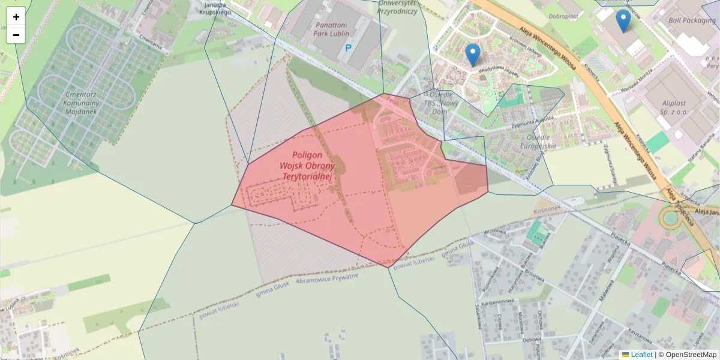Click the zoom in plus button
pyautogui.click(x=16, y=16)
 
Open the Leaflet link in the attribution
pyautogui.click(x=641, y=355)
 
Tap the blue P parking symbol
pyautogui.click(x=348, y=47)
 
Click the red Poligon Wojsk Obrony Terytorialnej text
pyautogui.click(x=307, y=166)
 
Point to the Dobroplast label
pyautogui.click(x=562, y=17)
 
